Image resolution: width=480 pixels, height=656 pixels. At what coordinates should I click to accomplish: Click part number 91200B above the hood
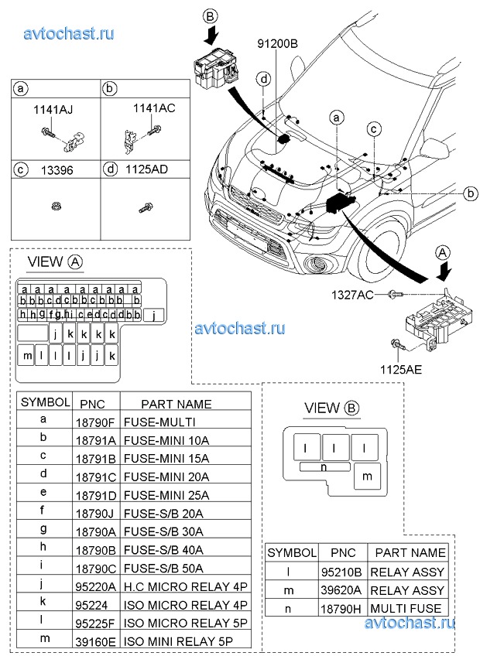(276, 44)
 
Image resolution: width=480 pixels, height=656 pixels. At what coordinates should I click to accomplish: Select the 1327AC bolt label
(353, 294)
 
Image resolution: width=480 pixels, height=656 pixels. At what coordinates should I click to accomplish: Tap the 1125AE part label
(400, 370)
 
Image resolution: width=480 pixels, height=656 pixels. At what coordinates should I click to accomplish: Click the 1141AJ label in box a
(53, 110)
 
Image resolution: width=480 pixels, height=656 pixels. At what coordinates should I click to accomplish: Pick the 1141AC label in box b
(154, 108)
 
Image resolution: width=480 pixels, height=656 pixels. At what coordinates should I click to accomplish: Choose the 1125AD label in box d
(147, 168)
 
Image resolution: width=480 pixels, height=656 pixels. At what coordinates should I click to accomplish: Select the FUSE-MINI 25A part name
(166, 495)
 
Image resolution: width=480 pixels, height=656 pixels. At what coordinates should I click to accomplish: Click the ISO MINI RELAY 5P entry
(178, 642)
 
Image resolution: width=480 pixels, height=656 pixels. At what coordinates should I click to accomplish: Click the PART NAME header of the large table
(177, 404)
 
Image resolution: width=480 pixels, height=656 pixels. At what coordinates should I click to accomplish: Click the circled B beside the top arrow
(211, 15)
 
